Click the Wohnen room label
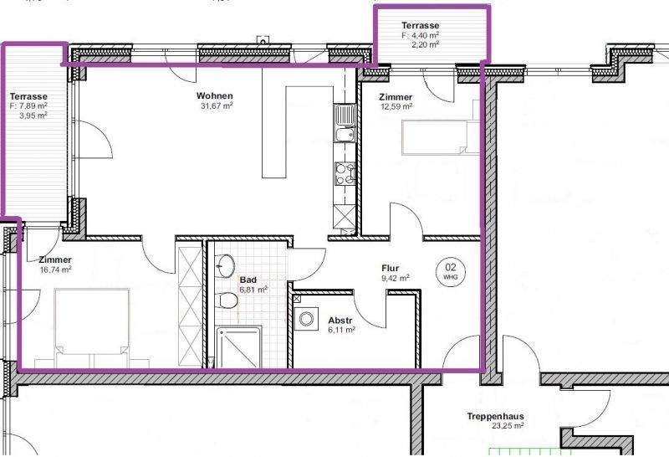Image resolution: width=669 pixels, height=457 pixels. pyautogui.click(x=216, y=95)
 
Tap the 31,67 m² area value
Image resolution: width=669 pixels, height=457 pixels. pyautogui.click(x=216, y=106)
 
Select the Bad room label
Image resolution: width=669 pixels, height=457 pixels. pyautogui.click(x=248, y=280)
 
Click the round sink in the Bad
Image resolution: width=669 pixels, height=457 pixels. pyautogui.click(x=225, y=267)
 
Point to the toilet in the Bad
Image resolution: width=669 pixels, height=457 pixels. pyautogui.click(x=225, y=301)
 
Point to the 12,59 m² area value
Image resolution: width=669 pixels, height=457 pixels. pyautogui.click(x=396, y=107)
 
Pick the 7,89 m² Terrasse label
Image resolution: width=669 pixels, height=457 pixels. pyautogui.click(x=28, y=96)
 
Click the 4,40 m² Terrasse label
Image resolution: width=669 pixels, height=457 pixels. pyautogui.click(x=420, y=26)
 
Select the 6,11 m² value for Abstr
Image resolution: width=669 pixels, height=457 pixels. pyautogui.click(x=340, y=331)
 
